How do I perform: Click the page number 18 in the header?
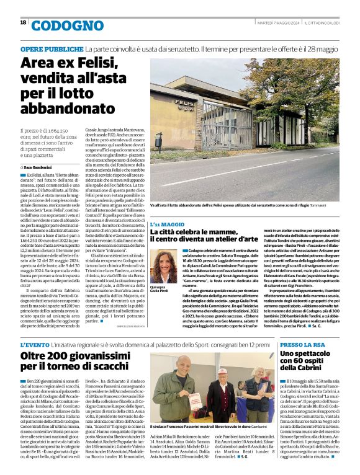[23, 22]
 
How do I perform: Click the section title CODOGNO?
[60, 25]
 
